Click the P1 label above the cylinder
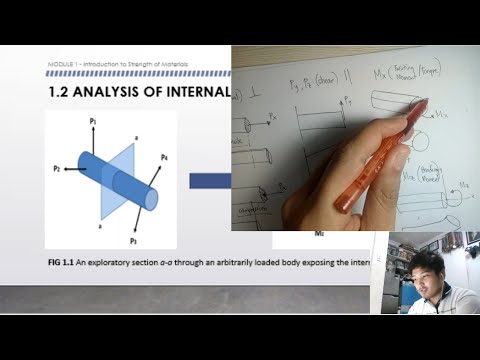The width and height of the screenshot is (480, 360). click(x=92, y=120)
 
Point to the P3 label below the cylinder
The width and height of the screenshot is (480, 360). click(x=133, y=240)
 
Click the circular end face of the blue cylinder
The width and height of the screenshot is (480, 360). click(x=151, y=198)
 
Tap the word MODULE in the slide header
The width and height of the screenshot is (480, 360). click(x=59, y=64)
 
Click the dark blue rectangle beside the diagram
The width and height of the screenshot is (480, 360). click(x=210, y=181)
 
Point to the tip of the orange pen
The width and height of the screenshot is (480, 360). click(x=425, y=103)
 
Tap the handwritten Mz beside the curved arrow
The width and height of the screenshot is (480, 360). click(x=462, y=183)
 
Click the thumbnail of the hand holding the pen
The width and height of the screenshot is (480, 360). click(x=355, y=140)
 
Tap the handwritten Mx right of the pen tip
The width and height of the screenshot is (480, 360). click(x=444, y=117)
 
